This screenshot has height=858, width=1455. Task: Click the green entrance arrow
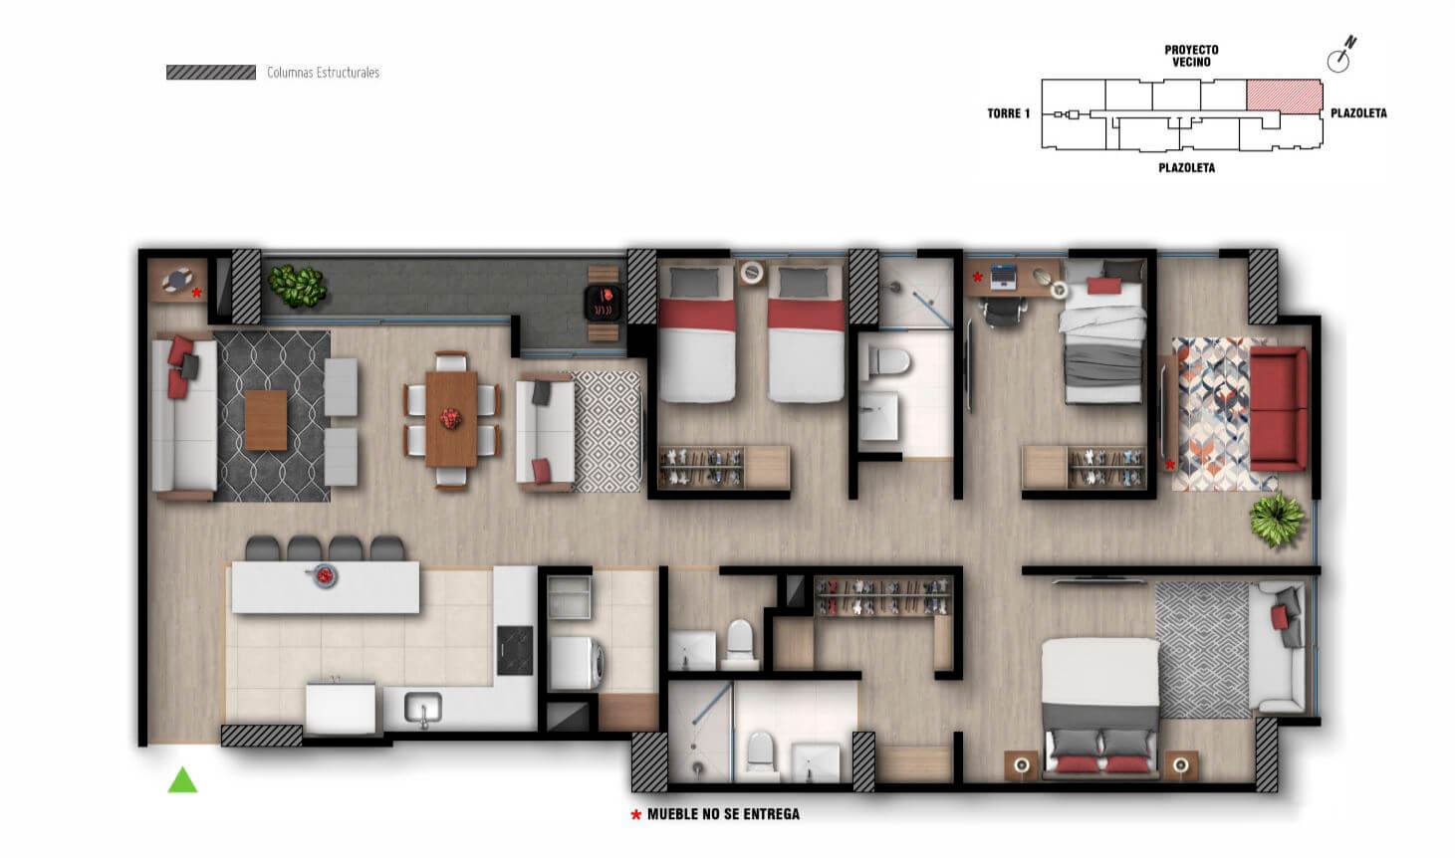182,780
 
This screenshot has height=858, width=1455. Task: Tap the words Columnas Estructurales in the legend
323,73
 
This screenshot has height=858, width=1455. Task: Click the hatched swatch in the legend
211,72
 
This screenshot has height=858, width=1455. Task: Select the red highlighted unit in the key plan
1284,96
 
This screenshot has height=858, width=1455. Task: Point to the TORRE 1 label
1009,113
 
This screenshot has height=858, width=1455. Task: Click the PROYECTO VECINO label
1191,56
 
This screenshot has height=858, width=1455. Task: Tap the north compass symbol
1340,55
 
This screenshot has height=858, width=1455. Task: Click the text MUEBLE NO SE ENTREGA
724,814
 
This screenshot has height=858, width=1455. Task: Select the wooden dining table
451,419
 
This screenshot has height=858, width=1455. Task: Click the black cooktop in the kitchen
515,650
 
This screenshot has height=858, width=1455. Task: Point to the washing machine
577,662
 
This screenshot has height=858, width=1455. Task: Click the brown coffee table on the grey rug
266,420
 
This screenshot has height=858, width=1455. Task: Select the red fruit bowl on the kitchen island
324,575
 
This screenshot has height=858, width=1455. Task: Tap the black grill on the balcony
604,303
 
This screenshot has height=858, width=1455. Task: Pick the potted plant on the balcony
297,286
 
